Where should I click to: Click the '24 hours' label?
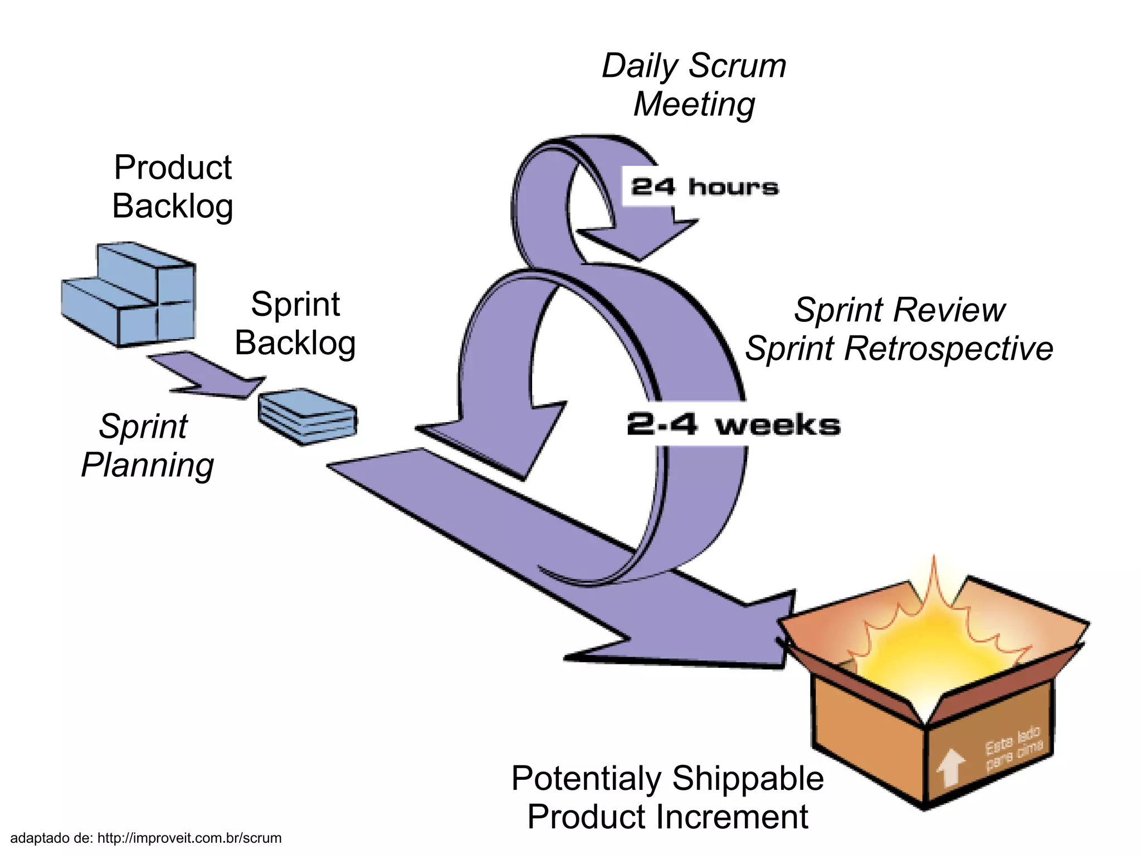point(704,187)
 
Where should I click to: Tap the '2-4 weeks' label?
point(733,424)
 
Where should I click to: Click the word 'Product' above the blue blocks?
point(172,167)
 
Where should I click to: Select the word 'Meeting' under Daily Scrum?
point(694,105)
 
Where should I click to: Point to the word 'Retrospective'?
point(948,349)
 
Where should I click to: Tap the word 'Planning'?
point(147,466)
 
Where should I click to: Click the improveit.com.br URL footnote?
point(189,838)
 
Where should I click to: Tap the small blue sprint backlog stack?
point(308,417)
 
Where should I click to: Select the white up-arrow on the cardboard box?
point(950,768)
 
